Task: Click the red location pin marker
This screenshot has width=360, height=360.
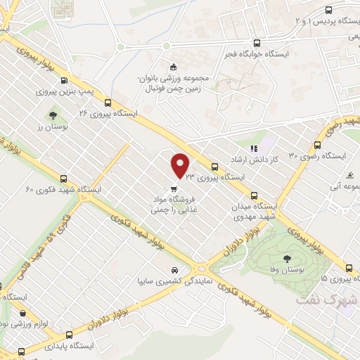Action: point(180,165)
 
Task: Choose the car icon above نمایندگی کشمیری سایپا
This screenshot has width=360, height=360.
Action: point(174,270)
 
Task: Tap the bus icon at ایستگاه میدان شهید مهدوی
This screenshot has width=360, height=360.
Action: point(255,196)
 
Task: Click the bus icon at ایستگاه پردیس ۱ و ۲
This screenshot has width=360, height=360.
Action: point(328,10)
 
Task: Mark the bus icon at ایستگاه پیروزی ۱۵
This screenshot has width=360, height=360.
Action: point(349,268)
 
